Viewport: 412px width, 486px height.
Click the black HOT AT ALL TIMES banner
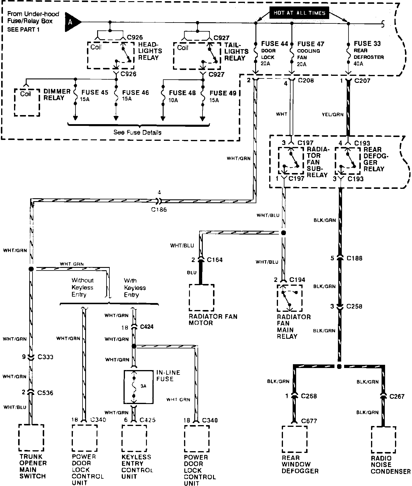point(299,13)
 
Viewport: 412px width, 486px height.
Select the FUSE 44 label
point(274,44)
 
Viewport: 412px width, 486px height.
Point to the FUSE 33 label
point(367,44)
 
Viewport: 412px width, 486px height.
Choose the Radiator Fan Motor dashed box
point(202,297)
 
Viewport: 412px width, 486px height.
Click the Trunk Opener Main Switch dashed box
point(31,438)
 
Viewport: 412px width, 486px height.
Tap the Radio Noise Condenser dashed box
point(384,439)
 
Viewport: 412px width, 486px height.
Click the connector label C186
point(159,210)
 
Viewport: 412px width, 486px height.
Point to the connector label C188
point(354,258)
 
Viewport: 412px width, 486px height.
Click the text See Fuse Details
point(137,132)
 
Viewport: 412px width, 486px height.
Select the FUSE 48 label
point(182,93)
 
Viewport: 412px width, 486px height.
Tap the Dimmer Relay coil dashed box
point(27,102)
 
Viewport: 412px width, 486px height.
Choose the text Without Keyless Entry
point(82,287)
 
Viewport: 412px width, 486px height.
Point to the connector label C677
point(309,421)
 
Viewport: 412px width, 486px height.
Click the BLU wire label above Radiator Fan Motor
point(192,272)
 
